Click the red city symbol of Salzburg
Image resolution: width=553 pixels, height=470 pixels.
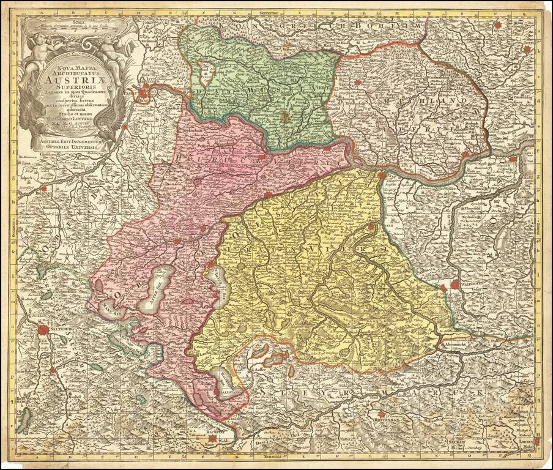(43, 330)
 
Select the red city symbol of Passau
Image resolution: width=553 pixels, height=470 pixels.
(143, 94)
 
